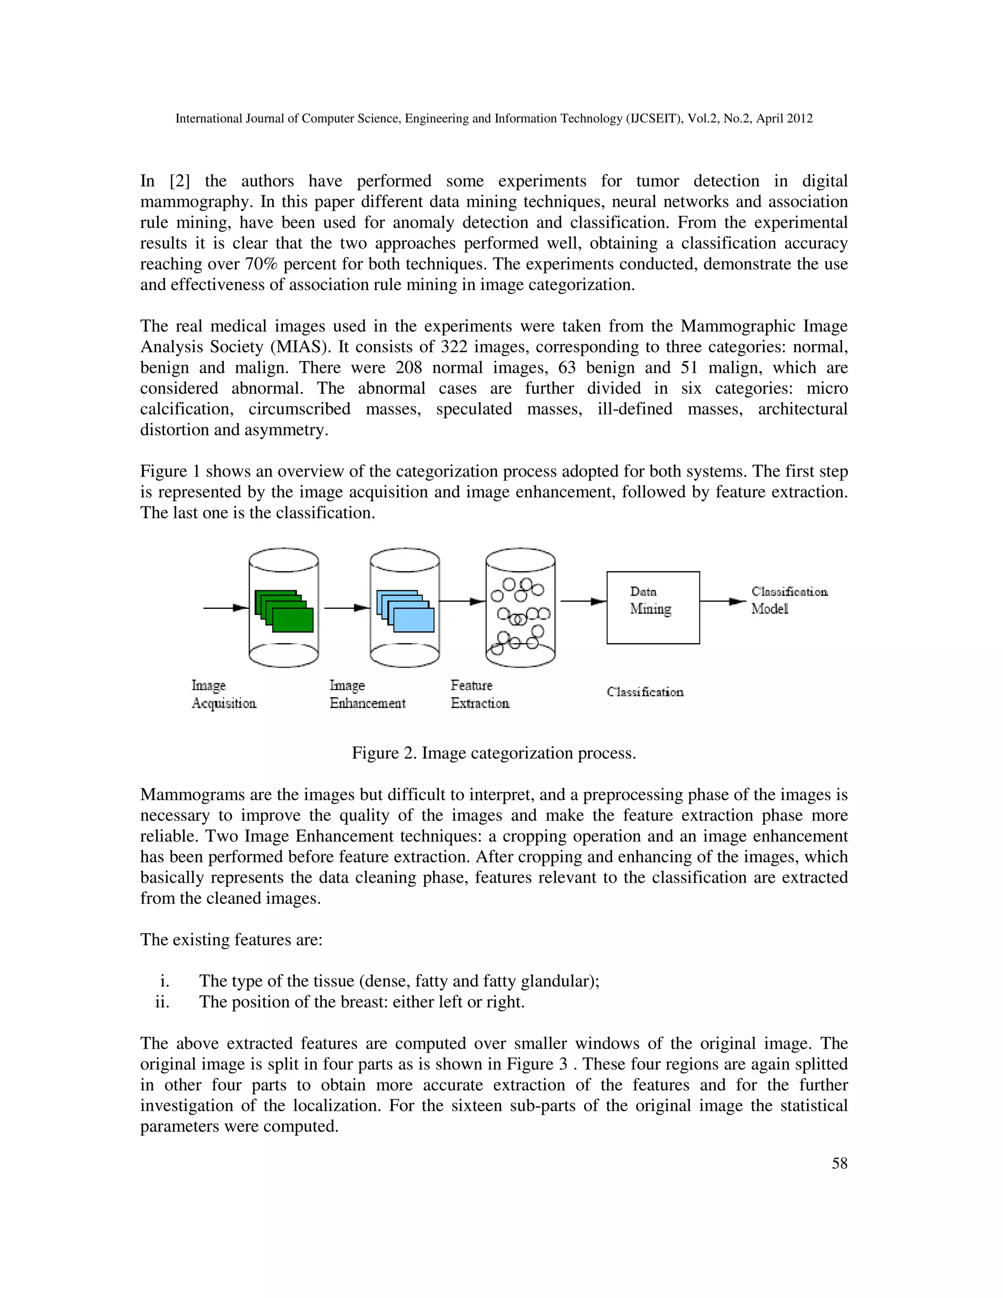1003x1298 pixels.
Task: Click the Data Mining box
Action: click(652, 607)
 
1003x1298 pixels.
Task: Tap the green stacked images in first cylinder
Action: click(284, 611)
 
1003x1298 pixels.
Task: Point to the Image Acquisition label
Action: click(223, 694)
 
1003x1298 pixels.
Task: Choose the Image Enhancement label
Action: click(367, 694)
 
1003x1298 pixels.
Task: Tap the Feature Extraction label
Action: click(479, 694)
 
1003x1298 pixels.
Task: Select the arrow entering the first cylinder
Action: click(226, 607)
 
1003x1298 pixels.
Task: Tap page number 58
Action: click(839, 1163)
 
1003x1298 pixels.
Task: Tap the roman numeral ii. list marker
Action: click(162, 1002)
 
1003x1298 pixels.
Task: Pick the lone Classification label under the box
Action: click(645, 692)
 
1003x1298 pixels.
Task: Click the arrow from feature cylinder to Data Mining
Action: click(583, 601)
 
